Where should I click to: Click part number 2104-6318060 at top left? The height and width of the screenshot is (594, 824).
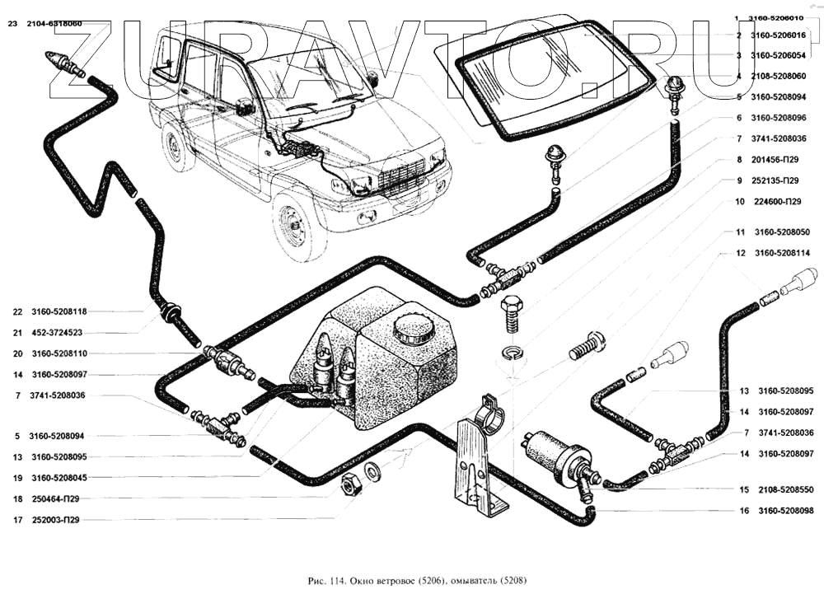coord(54,24)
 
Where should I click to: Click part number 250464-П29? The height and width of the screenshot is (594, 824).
coord(57,498)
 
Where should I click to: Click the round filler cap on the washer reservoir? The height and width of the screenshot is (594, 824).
coord(410,330)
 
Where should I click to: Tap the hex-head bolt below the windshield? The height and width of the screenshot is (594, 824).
coord(512,313)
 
